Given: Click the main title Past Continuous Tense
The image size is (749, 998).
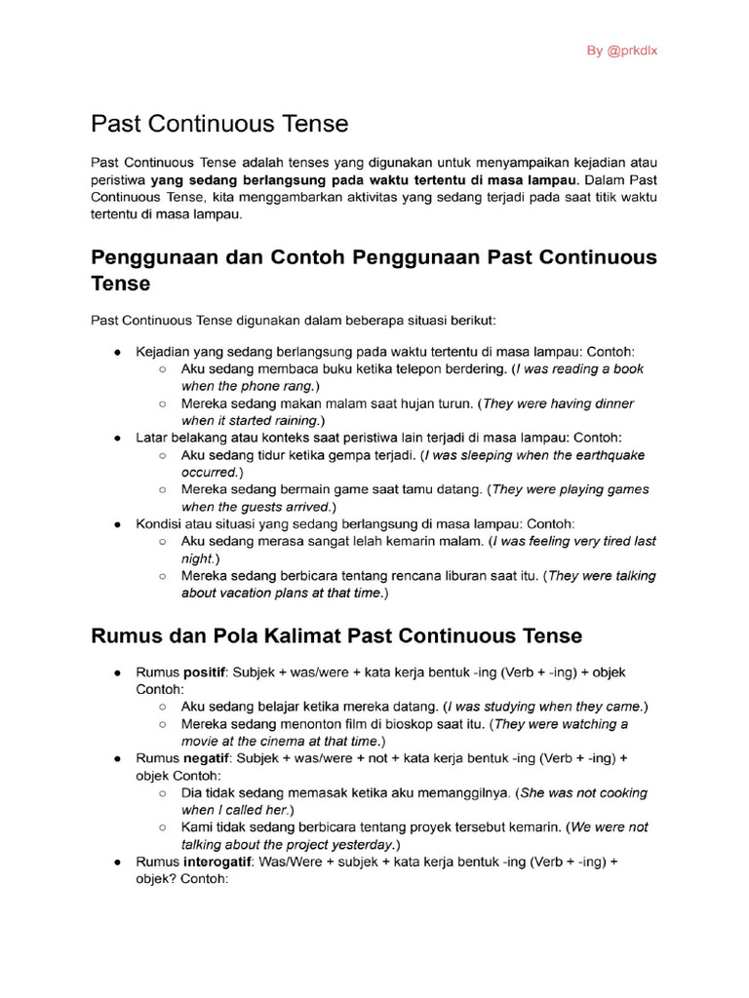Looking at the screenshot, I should pyautogui.click(x=219, y=124).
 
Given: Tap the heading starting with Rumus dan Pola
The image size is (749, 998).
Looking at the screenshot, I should pyautogui.click(x=336, y=635).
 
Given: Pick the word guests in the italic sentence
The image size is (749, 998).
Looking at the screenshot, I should pyautogui.click(x=278, y=507).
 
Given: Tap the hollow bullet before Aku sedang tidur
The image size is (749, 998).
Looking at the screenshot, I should pyautogui.click(x=162, y=455).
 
